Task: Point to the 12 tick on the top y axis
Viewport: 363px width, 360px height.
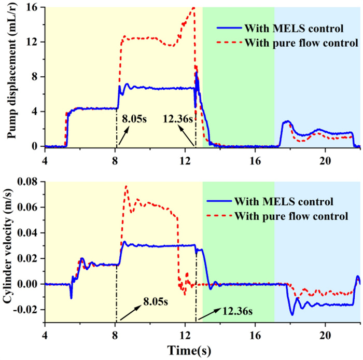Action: [x=35, y=42]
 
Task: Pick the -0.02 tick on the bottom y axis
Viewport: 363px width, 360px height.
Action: [x=29, y=310]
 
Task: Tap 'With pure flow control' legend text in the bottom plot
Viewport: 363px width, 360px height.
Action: [x=290, y=215]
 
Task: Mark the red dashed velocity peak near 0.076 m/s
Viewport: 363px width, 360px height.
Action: [x=126, y=186]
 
